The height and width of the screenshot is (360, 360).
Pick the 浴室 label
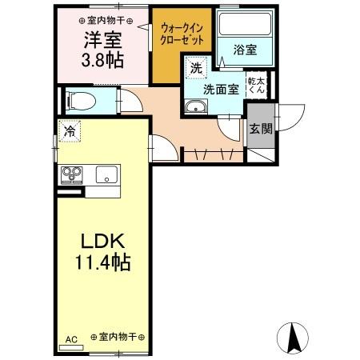click(245, 50)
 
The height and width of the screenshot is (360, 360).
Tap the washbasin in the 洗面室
click(194, 109)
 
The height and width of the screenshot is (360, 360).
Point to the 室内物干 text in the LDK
click(117, 338)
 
